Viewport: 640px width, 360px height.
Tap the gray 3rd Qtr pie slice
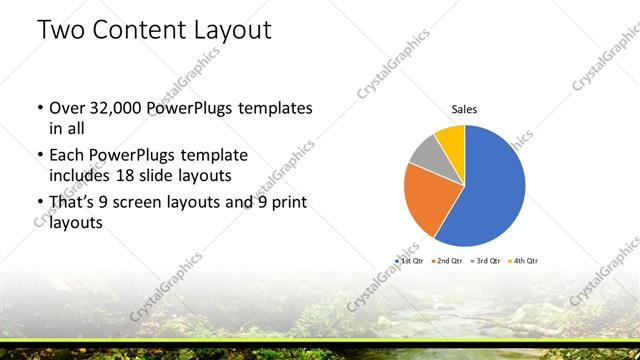(x=424, y=152)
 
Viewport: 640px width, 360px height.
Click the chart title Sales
(x=464, y=108)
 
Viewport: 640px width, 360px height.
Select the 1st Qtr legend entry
(x=412, y=260)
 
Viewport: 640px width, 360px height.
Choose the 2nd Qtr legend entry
(x=448, y=260)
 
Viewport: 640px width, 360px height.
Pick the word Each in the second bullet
(x=66, y=156)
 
